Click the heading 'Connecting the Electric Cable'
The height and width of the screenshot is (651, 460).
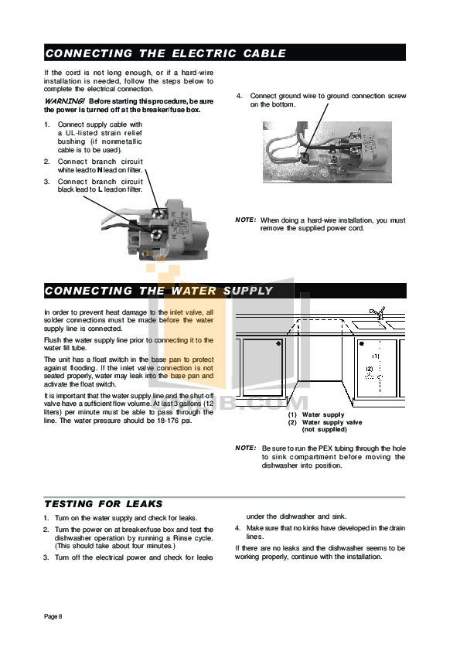pyautogui.click(x=165, y=53)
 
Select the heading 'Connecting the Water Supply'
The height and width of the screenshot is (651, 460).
pyautogui.click(x=158, y=291)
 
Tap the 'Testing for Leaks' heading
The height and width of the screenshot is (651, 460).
pyautogui.click(x=103, y=503)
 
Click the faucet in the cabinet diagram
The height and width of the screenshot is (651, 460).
pyautogui.click(x=377, y=313)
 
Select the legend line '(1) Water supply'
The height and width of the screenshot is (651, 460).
pyautogui.click(x=316, y=415)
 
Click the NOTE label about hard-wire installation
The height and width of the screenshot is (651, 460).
pyautogui.click(x=245, y=220)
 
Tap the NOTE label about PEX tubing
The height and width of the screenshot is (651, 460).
pyautogui.click(x=245, y=448)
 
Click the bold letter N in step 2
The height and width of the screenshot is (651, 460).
pyautogui.click(x=100, y=169)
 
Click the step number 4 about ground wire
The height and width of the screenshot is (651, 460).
pyautogui.click(x=239, y=96)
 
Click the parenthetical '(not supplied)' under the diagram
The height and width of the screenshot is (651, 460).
pyautogui.click(x=324, y=429)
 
